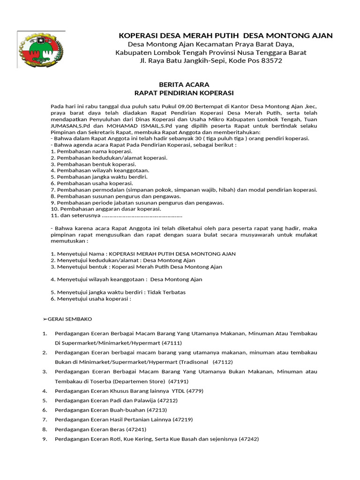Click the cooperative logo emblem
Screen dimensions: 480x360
[x=41, y=50]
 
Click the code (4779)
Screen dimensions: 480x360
[x=195, y=390]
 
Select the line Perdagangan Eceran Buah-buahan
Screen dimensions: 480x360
[x=107, y=410]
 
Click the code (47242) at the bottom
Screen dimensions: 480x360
[x=248, y=439]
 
